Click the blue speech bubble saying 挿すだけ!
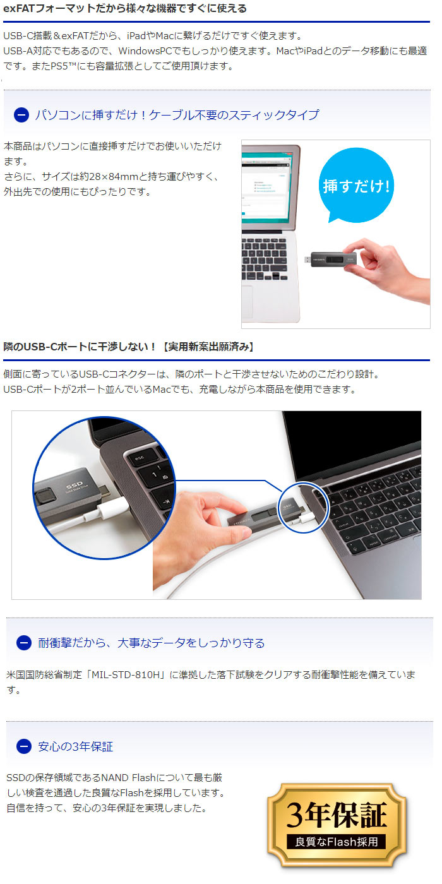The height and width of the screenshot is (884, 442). click(356, 185)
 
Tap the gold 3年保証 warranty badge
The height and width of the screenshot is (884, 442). click(337, 825)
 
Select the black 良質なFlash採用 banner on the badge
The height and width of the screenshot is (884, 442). click(336, 842)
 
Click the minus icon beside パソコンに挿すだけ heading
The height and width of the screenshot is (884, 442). click(21, 115)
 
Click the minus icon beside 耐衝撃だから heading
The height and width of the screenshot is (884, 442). click(24, 643)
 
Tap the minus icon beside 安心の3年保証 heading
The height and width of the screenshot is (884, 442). click(24, 746)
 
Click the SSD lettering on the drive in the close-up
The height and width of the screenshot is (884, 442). click(75, 485)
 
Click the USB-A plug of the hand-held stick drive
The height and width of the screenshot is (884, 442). click(308, 260)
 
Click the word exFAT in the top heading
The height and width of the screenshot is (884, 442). click(19, 8)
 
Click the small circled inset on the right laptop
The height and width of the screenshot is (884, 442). click(303, 508)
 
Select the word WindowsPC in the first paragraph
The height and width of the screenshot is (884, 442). click(145, 51)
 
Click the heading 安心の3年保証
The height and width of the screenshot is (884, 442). click(75, 746)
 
